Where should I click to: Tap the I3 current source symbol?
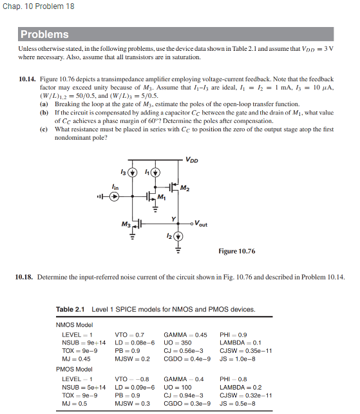[133, 173]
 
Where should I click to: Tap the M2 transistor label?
[186, 187]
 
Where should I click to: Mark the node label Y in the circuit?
[173, 218]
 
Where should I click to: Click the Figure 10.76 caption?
[236, 251]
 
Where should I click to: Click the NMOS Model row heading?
[75, 325]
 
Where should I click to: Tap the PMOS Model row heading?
[75, 370]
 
